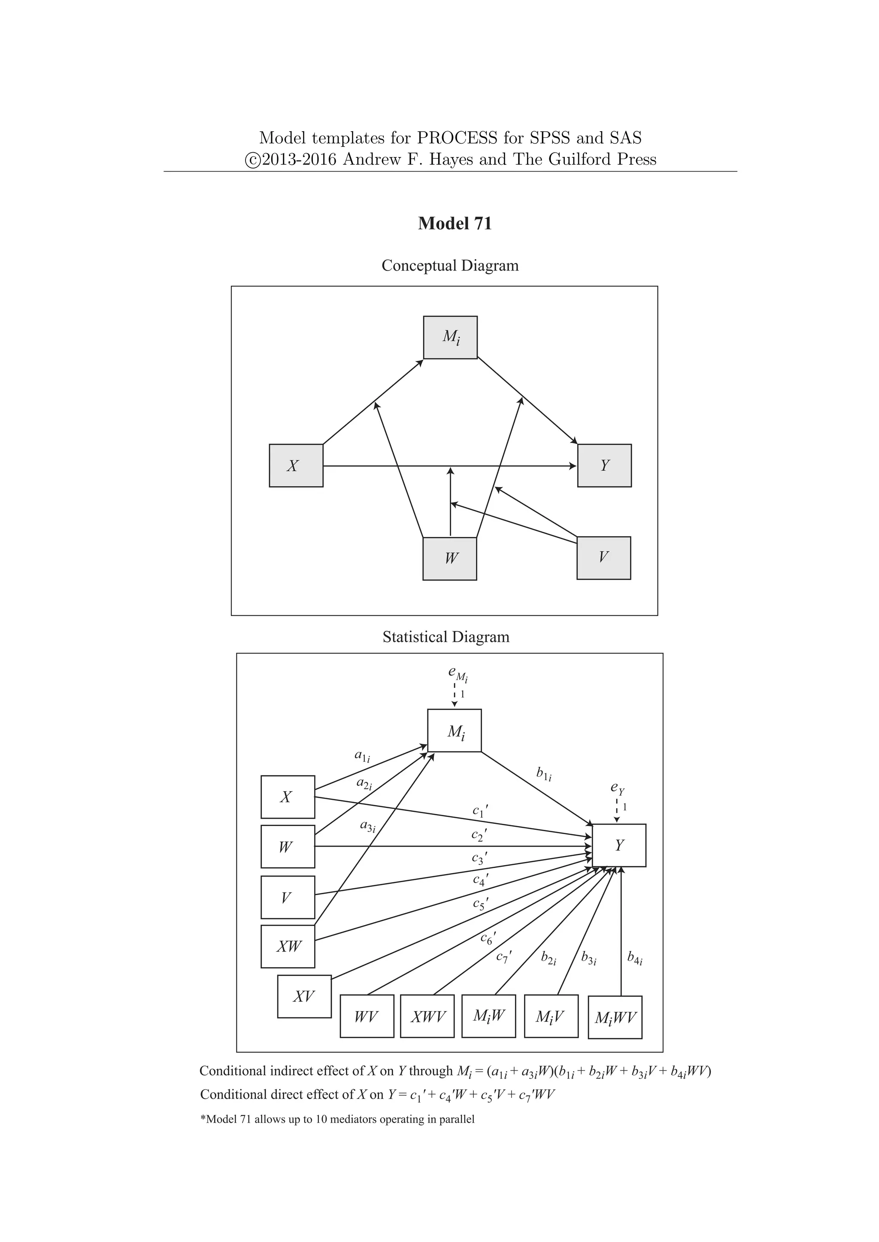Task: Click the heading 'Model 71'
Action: [455, 223]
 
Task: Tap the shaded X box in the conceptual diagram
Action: [296, 466]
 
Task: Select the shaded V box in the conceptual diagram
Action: [603, 558]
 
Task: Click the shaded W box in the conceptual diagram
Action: [450, 559]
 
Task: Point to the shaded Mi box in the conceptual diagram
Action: [450, 338]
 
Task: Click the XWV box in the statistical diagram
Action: [427, 1016]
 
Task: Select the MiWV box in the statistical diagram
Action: [615, 1018]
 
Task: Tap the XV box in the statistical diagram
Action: [304, 996]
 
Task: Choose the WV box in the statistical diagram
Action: [367, 1016]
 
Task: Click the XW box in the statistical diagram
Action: [288, 947]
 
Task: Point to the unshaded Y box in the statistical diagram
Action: [619, 845]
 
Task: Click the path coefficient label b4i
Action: [634, 958]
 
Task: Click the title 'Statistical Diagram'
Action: [446, 637]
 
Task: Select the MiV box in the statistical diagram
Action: [551, 1016]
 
